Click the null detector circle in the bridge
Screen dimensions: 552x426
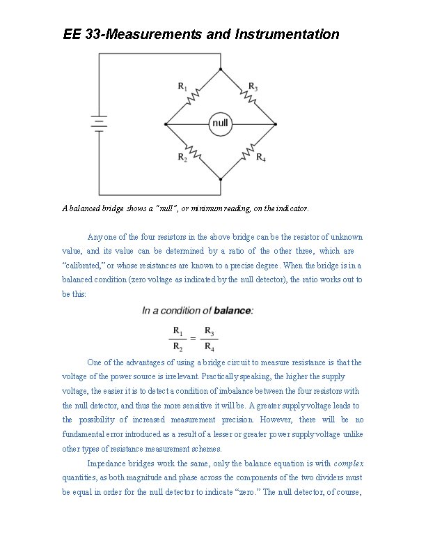pos(221,124)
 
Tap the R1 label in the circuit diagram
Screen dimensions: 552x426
pos(182,86)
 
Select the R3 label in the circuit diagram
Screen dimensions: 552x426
pos(254,87)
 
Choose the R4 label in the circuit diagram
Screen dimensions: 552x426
pos(261,158)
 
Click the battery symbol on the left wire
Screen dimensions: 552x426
pos(100,124)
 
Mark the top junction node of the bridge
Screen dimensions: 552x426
pos(221,70)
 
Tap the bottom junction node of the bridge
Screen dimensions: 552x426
pos(221,179)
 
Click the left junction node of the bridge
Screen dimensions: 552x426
pos(166,125)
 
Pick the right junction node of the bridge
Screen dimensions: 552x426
pos(276,125)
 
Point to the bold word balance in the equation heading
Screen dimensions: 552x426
pos(232,310)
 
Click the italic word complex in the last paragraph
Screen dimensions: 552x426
pos(349,463)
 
